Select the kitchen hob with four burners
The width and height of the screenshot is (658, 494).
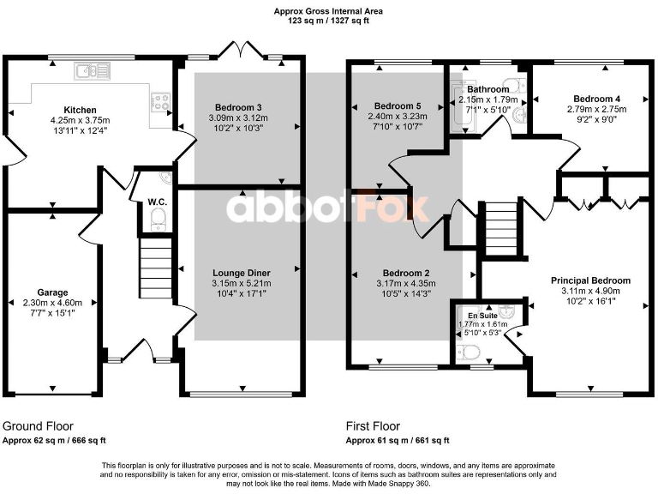(x=159, y=102)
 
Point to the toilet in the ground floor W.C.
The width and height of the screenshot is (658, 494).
(x=156, y=223)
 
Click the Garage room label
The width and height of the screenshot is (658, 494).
(x=51, y=292)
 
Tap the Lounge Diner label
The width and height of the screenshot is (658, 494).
(x=242, y=273)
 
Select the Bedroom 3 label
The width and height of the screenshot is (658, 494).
(x=240, y=107)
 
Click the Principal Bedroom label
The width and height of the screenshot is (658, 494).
(x=590, y=280)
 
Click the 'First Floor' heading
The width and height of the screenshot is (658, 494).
(x=374, y=426)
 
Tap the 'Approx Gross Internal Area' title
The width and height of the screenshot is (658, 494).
(x=328, y=11)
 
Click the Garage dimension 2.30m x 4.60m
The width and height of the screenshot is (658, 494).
(x=51, y=303)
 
